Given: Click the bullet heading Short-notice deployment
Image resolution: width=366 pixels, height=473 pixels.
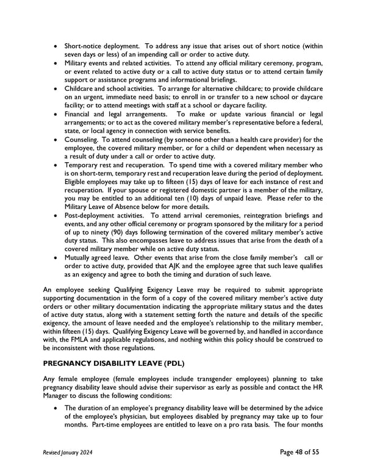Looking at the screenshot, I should pyautogui.click(x=101, y=46).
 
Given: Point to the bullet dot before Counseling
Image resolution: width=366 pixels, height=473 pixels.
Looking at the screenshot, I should pyautogui.click(x=57, y=140).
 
